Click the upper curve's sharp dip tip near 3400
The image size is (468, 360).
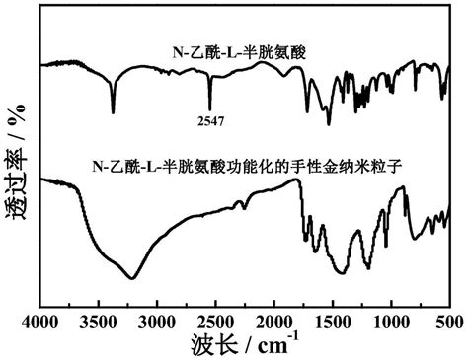pos(113,112)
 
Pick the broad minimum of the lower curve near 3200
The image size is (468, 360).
pos(134,278)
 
